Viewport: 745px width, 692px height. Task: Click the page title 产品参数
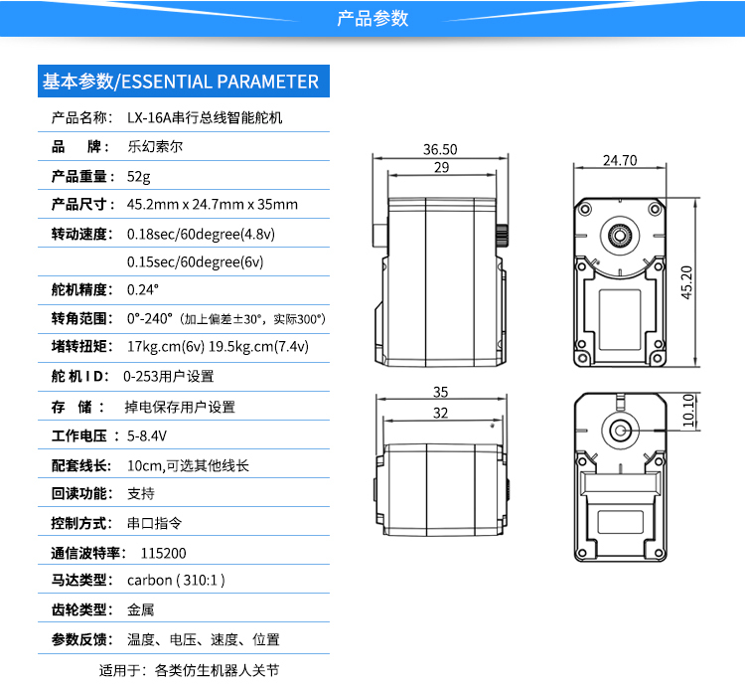(x=372, y=19)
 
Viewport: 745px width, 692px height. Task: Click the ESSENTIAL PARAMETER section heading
(x=180, y=82)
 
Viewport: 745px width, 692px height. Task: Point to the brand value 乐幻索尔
(x=156, y=146)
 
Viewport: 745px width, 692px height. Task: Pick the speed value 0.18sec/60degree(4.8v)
(x=202, y=235)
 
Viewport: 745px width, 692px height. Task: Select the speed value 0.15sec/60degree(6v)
(x=196, y=262)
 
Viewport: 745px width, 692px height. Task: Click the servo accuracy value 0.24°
(x=143, y=290)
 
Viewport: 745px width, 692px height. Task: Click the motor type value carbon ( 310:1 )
(x=177, y=580)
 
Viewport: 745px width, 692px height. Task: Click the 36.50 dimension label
(x=440, y=149)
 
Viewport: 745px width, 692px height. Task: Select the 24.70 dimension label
(x=619, y=160)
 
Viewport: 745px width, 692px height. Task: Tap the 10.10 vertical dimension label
(x=688, y=410)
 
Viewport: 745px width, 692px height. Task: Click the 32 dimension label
(x=441, y=412)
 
